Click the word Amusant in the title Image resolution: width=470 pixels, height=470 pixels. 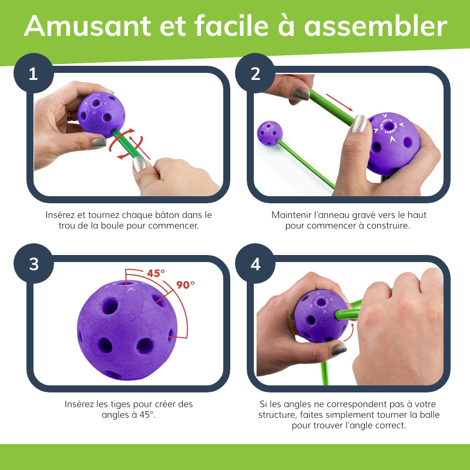(x=88, y=26)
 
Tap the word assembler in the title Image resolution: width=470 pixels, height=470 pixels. (x=375, y=26)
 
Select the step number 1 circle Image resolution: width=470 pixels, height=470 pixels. (x=33, y=73)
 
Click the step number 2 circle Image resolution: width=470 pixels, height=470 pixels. (x=255, y=73)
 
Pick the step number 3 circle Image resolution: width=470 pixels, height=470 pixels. (x=33, y=264)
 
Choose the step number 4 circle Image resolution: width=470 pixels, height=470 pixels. (x=255, y=264)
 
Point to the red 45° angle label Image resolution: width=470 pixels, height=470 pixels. (x=156, y=273)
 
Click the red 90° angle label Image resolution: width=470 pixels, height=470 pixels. (x=185, y=284)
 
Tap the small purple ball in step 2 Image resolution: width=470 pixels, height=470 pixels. (x=270, y=133)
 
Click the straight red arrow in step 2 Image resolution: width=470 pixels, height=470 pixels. (x=339, y=102)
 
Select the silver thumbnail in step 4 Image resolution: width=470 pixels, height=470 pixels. (x=339, y=349)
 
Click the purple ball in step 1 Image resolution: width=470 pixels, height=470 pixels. (x=101, y=115)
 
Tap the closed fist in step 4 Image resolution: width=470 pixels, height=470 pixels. (x=399, y=327)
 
